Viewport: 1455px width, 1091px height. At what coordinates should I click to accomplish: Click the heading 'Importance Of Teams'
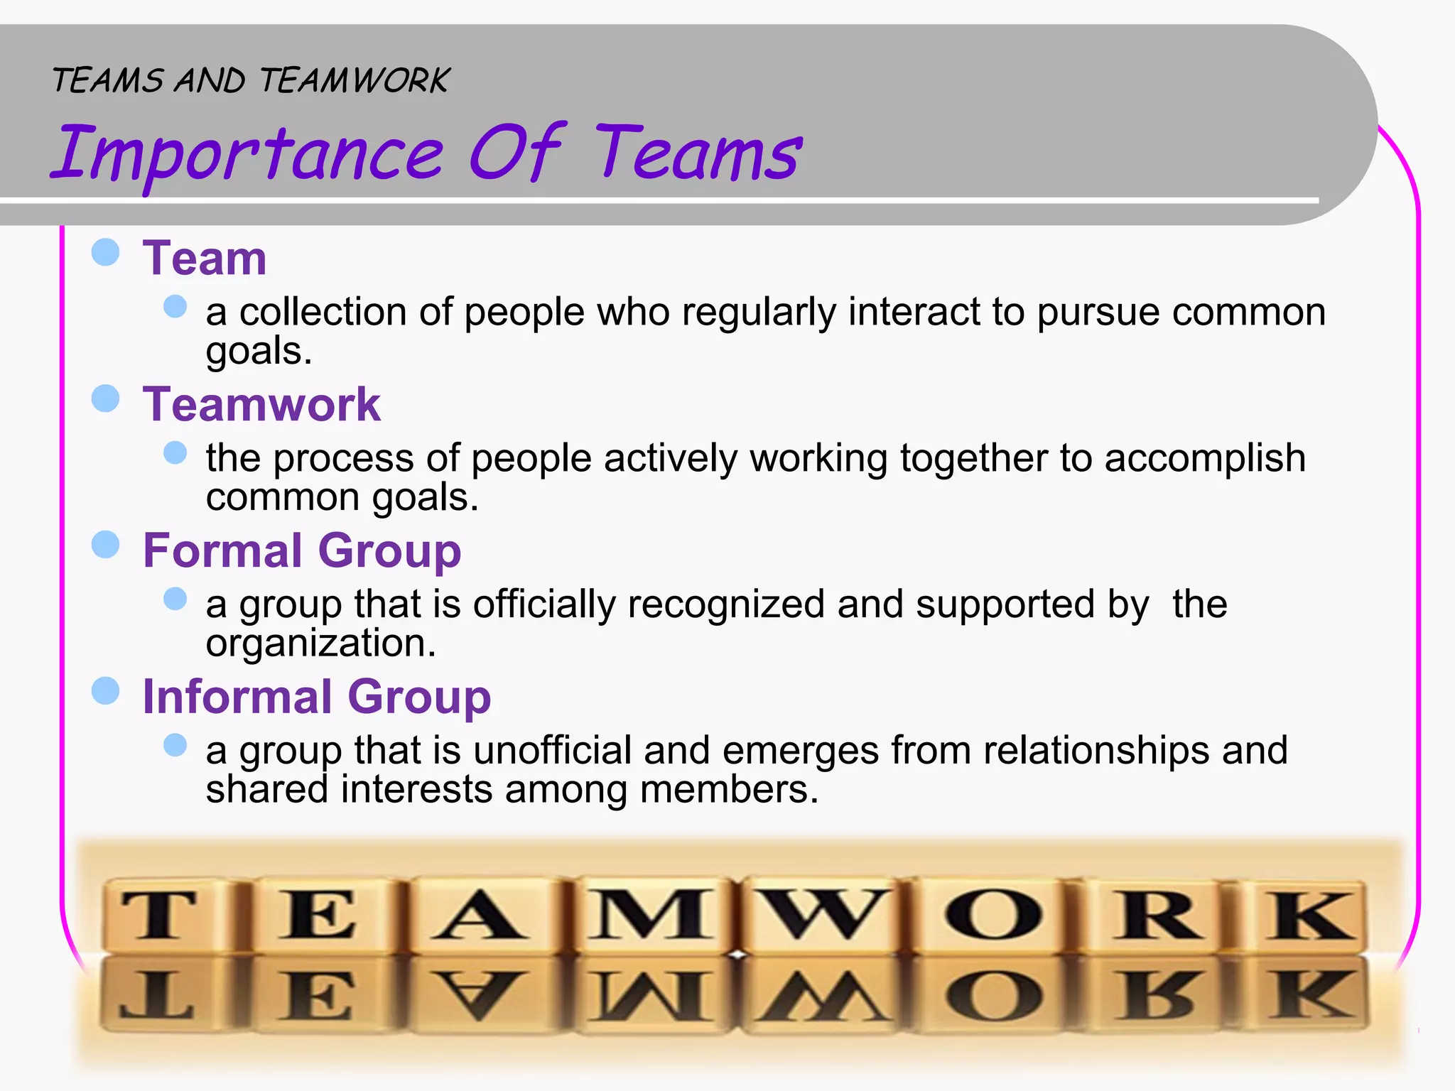[426, 153]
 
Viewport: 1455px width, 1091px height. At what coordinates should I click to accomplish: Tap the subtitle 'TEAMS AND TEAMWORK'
[250, 80]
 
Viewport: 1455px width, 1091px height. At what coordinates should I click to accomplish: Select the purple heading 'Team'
[205, 258]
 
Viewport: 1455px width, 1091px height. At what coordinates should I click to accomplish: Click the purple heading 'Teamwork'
[261, 404]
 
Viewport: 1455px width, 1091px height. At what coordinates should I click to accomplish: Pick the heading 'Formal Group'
[302, 550]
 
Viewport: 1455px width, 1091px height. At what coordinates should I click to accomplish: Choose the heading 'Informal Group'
[317, 697]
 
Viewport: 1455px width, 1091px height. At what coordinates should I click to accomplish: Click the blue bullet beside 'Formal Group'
[106, 545]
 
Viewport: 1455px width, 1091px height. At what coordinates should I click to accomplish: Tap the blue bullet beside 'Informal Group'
[106, 691]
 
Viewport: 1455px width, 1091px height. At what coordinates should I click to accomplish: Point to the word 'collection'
[323, 312]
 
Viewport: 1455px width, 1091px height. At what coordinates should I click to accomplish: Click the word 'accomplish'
[1205, 458]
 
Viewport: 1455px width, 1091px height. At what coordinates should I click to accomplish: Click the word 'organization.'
[320, 644]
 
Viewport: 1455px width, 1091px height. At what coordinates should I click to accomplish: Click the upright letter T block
[158, 916]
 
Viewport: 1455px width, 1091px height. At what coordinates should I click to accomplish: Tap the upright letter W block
[824, 916]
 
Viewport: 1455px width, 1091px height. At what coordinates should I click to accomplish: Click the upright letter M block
[650, 916]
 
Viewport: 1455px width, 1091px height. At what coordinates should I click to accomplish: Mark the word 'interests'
[416, 790]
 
